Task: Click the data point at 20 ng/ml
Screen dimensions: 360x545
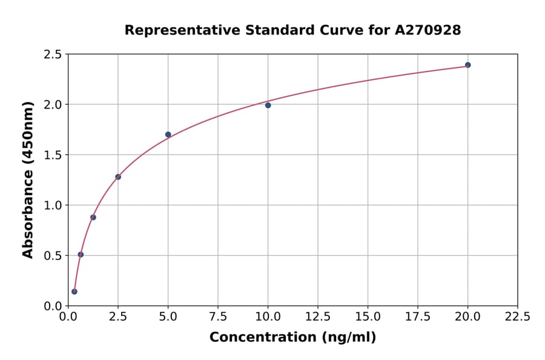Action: click(467, 65)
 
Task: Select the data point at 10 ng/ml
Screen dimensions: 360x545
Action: click(268, 105)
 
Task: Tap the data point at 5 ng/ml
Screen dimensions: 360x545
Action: click(168, 135)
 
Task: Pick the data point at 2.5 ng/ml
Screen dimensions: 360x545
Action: click(118, 177)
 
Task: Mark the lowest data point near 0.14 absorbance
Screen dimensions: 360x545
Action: click(74, 292)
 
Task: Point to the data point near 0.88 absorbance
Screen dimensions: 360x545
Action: click(93, 217)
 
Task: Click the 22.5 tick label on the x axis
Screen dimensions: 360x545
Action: click(517, 317)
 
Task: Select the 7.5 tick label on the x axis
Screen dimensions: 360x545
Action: click(218, 317)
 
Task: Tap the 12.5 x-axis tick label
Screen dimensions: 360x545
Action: click(318, 317)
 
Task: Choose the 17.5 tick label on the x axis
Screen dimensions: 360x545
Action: click(418, 317)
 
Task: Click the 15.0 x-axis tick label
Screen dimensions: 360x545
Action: click(368, 317)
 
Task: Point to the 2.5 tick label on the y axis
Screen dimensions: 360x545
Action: click(53, 55)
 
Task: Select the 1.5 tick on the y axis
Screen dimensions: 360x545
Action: click(53, 155)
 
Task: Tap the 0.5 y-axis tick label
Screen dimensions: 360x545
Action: click(53, 256)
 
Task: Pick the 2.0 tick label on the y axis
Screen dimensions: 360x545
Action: click(53, 105)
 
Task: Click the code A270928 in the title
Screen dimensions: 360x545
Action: click(428, 30)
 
